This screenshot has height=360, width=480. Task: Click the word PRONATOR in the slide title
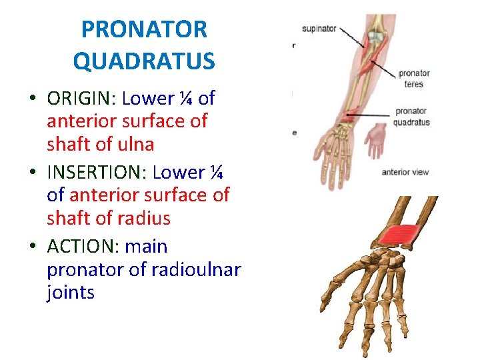pyautogui.click(x=144, y=30)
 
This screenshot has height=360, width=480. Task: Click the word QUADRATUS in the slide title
pyautogui.click(x=144, y=61)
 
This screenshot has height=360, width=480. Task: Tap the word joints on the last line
pyautogui.click(x=71, y=293)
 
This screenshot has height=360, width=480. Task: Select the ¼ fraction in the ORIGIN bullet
pyautogui.click(x=186, y=99)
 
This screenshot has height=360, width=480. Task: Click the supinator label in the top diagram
pyautogui.click(x=319, y=29)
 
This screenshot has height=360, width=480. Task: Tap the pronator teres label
pyautogui.click(x=413, y=79)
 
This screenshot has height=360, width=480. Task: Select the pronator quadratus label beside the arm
pyautogui.click(x=411, y=117)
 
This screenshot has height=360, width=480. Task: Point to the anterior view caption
pyautogui.click(x=405, y=173)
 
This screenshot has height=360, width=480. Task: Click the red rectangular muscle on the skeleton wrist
pyautogui.click(x=399, y=235)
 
